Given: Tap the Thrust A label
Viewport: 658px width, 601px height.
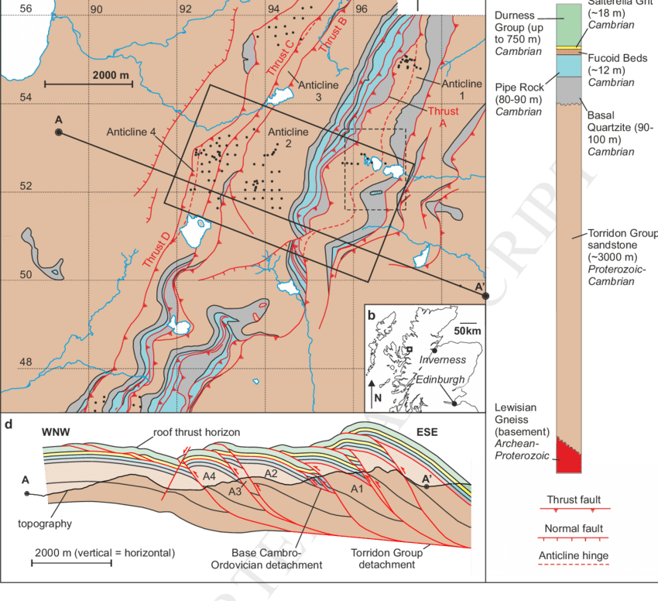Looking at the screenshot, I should click(x=442, y=117).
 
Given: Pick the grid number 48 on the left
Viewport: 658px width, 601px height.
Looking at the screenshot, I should click(x=26, y=362).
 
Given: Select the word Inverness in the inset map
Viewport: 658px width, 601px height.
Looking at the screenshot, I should click(x=444, y=360).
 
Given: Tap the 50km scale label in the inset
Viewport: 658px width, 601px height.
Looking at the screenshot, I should click(x=468, y=331).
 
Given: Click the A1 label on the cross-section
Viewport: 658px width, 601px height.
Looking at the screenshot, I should click(x=357, y=489).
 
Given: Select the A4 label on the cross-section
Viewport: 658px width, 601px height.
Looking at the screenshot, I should click(x=209, y=477).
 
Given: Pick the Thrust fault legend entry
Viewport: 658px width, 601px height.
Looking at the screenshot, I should click(x=573, y=500).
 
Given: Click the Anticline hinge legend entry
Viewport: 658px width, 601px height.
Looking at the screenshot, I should click(x=573, y=555).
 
